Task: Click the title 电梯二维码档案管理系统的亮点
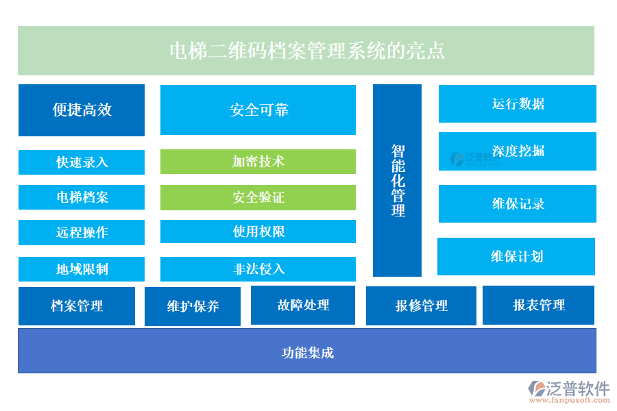pos(306,51)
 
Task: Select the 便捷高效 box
pos(82,110)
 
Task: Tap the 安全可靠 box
pos(258,110)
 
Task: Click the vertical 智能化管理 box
pos(397,180)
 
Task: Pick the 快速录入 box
pos(82,162)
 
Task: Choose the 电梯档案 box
pos(82,197)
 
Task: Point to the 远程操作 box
pos(82,232)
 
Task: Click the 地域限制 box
pos(82,269)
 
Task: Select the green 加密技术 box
pos(258,162)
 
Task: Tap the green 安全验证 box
pos(258,197)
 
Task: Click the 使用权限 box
pos(258,232)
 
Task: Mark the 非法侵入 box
pos(258,269)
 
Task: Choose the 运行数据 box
pos(517,103)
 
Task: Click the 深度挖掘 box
pos(517,151)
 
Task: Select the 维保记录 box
pos(517,203)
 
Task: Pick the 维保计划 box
pos(516,256)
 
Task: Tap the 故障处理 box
pos(303,305)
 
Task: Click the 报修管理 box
pos(421,306)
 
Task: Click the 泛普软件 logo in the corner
pos(568,391)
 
